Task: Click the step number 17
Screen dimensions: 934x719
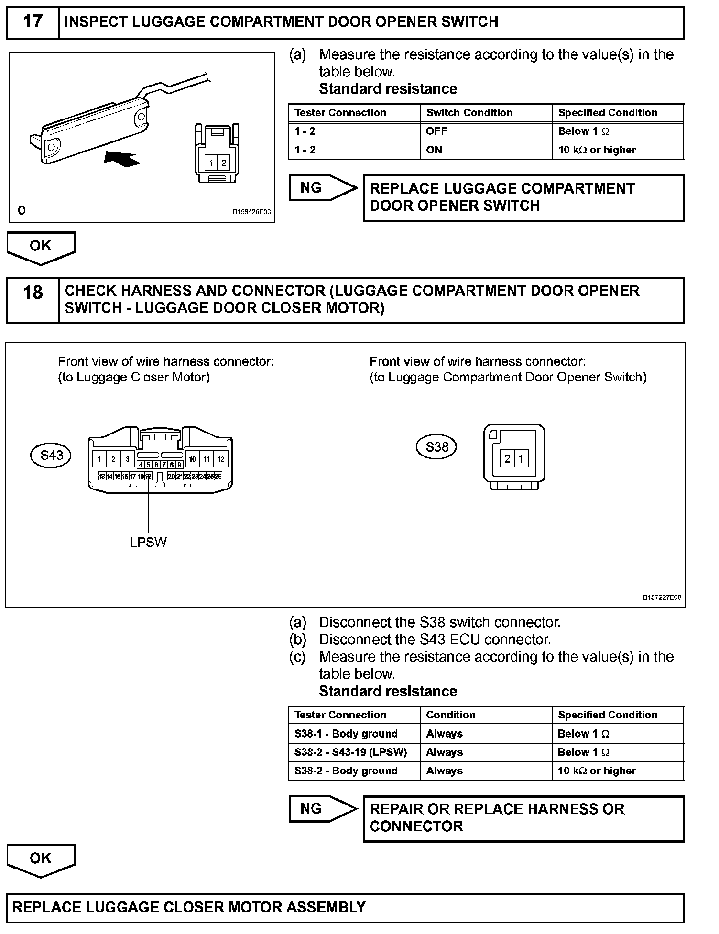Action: click(33, 22)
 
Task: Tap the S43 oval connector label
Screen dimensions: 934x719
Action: click(51, 455)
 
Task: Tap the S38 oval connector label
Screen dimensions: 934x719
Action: click(436, 447)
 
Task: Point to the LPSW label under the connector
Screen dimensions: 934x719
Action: click(148, 542)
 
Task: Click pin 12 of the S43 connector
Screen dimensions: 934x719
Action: click(221, 459)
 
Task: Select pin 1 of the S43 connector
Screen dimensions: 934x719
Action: click(99, 459)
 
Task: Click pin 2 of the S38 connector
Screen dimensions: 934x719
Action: click(507, 459)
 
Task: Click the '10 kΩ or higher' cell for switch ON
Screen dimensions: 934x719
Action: click(597, 150)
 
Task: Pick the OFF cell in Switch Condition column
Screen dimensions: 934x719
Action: click(435, 131)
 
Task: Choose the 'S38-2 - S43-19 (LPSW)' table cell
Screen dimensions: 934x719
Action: click(351, 752)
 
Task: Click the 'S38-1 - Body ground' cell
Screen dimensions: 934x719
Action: click(346, 734)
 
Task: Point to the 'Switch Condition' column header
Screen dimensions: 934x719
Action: click(469, 113)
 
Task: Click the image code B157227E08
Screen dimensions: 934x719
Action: click(662, 597)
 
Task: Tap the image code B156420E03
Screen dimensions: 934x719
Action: click(252, 212)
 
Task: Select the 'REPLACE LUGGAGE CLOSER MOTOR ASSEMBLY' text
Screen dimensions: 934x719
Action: click(189, 907)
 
